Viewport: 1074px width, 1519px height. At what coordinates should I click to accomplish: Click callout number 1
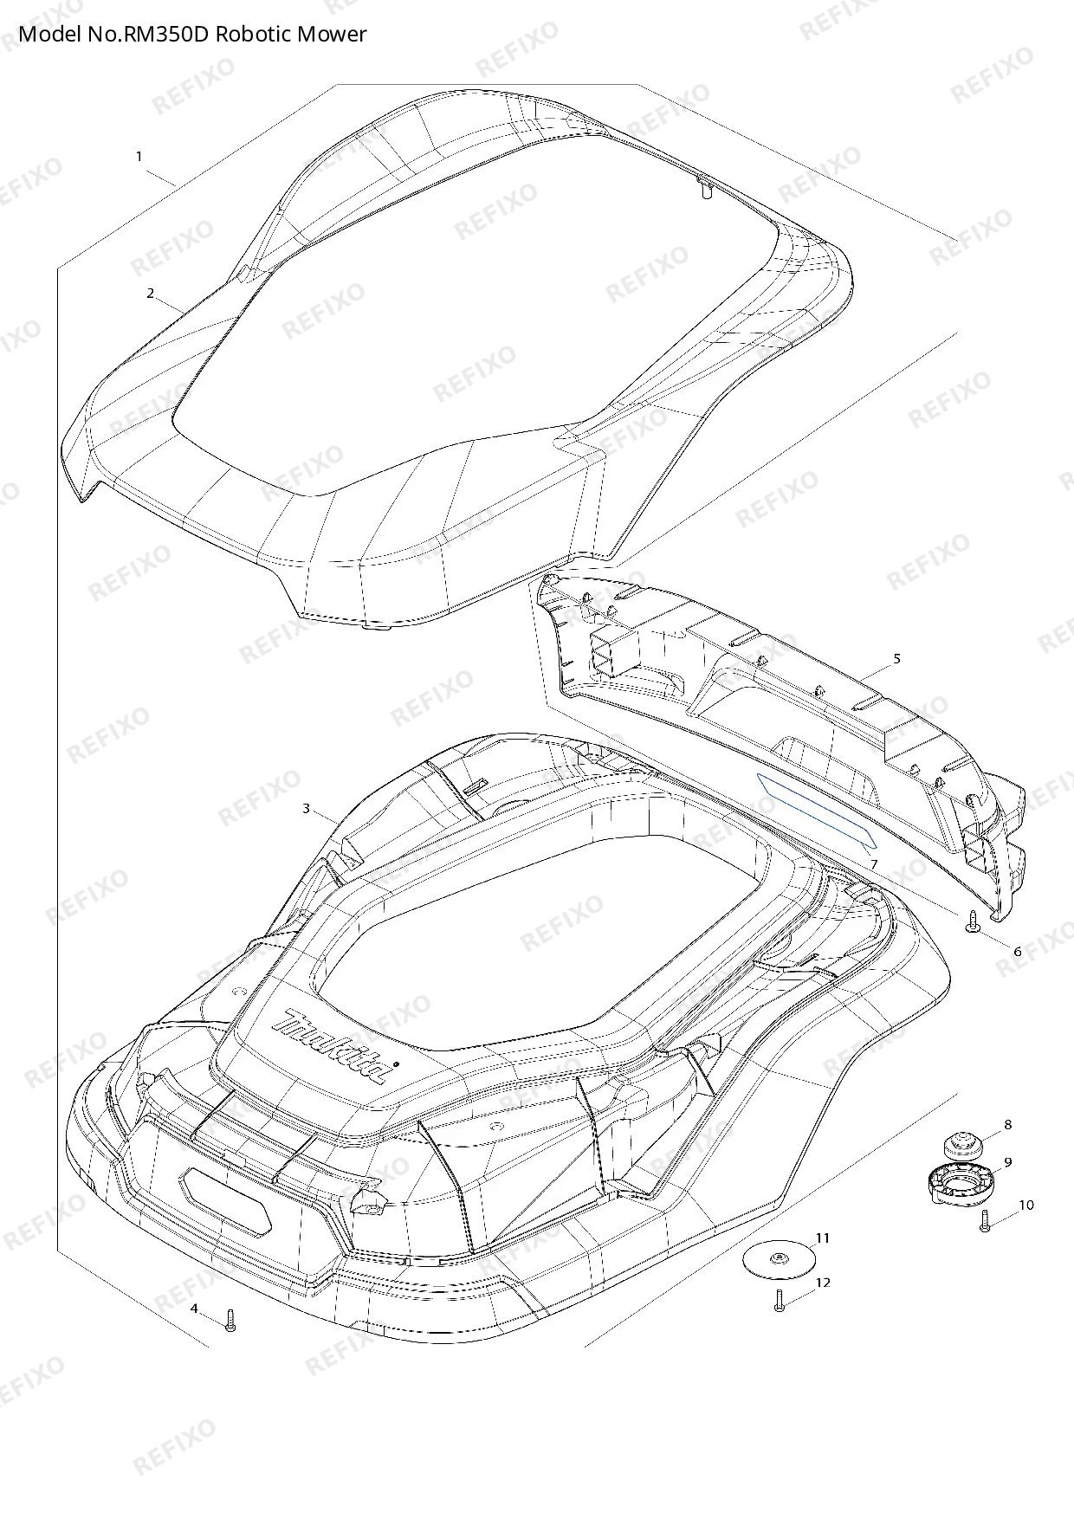pos(139,157)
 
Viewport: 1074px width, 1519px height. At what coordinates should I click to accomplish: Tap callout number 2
pos(150,294)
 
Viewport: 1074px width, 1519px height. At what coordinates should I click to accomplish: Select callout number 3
pos(306,809)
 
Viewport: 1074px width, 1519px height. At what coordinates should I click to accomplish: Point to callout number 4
pos(194,1308)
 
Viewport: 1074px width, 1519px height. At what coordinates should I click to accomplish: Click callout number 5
pos(896,659)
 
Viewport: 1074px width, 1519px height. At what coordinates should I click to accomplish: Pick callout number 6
pos(1018,951)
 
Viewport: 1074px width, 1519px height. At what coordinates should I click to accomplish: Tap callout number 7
pos(875,864)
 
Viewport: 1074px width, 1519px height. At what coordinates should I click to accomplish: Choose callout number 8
pos(1007,1125)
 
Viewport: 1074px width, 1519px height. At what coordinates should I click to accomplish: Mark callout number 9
pos(1007,1161)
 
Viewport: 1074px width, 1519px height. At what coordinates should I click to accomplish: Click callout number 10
pos(1026,1205)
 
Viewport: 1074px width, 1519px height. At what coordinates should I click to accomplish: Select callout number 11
pos(823,1238)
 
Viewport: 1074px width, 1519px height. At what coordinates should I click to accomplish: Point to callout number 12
pos(823,1282)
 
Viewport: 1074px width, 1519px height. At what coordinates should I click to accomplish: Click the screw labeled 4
pos(230,1320)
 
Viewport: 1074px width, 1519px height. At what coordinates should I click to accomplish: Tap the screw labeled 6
pos(971,921)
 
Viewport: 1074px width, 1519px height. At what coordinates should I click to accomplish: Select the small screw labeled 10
pos(985,1222)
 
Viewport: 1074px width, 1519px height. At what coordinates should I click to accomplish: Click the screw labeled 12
pos(779,1301)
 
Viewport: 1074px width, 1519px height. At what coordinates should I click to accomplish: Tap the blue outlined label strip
pos(817,810)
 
